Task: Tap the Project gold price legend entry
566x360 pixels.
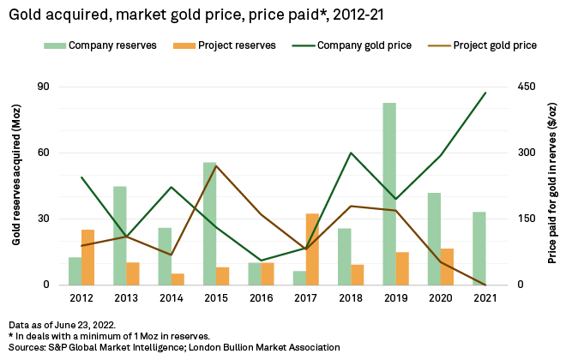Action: [x=493, y=45]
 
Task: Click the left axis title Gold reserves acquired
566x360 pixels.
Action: [x=16, y=184]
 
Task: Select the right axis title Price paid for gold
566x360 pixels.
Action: [x=552, y=184]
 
